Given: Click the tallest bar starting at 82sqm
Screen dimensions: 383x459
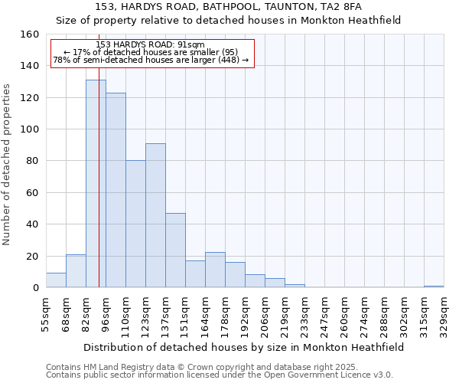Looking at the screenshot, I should click(x=96, y=184).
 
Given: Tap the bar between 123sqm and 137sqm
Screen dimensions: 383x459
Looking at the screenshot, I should click(x=155, y=215).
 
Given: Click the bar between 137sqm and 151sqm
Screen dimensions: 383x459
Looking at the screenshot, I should click(x=175, y=250).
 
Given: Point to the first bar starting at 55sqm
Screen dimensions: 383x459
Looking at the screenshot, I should click(x=56, y=280).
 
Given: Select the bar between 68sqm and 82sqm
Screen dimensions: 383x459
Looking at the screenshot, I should click(x=76, y=271).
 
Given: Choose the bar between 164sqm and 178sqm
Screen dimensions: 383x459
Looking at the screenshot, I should click(x=215, y=270).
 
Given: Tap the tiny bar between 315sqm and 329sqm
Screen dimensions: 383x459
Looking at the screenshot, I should click(x=434, y=286).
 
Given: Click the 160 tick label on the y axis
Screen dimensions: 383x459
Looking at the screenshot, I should click(x=30, y=34).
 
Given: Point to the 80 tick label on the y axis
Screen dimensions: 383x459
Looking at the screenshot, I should click(x=33, y=161).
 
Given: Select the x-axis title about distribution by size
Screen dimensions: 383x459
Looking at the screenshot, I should click(x=243, y=347).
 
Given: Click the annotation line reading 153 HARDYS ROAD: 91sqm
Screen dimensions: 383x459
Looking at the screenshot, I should click(x=151, y=45).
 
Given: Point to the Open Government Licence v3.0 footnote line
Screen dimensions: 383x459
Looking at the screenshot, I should click(x=220, y=375).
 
